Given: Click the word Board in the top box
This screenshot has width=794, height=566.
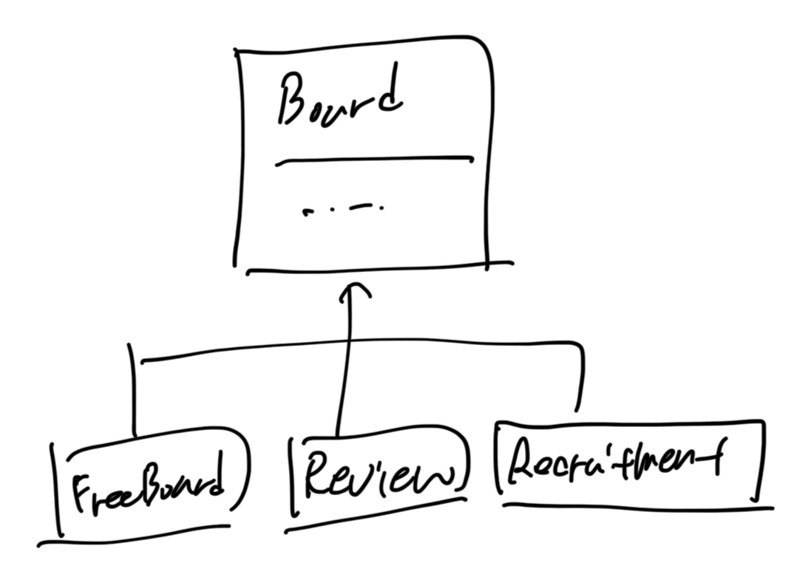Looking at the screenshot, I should pyautogui.click(x=340, y=99).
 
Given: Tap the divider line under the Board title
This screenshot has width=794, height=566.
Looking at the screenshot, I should pyautogui.click(x=373, y=160).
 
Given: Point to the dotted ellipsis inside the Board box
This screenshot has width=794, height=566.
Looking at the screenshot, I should pyautogui.click(x=345, y=210).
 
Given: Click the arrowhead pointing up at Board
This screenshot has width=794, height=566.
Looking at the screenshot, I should pyautogui.click(x=354, y=290).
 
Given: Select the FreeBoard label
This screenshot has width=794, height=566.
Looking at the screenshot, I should pyautogui.click(x=148, y=485).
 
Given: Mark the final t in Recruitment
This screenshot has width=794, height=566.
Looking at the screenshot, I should pyautogui.click(x=714, y=454).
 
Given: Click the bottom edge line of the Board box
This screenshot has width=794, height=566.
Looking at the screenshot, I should pyautogui.click(x=377, y=267).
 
